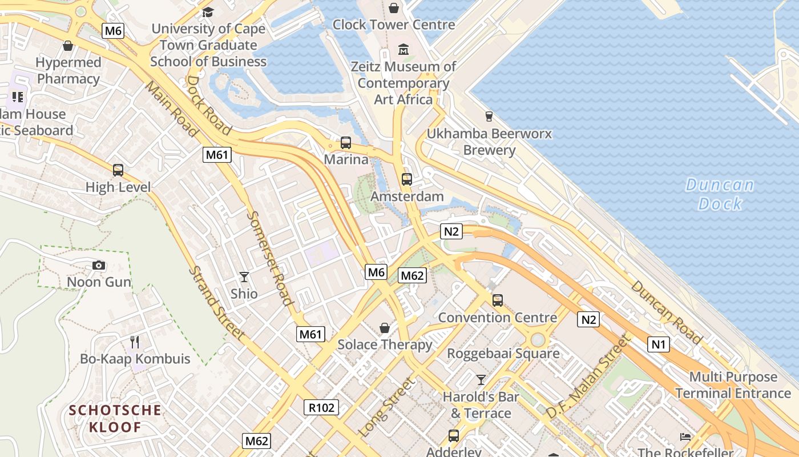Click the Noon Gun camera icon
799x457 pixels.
coord(99,265)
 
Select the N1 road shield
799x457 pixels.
coord(659,344)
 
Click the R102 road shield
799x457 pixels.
coord(321,407)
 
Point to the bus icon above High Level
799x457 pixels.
coord(118,170)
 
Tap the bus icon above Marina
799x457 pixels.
coord(346,143)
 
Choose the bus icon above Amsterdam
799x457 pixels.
coord(406,179)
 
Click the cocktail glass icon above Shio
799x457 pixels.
coord(244,277)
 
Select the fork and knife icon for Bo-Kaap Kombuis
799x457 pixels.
coord(135,342)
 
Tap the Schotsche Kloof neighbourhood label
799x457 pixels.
coord(115,418)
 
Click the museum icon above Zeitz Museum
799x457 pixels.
coord(403,50)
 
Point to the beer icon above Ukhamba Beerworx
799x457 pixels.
coord(489,117)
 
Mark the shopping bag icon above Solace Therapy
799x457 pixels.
coord(385,328)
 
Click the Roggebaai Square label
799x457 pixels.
coord(503,353)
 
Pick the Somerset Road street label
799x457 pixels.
coord(272,258)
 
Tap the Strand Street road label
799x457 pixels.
coord(217,304)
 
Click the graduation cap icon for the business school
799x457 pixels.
coord(208,12)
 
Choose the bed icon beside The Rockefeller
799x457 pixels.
coord(685,437)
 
